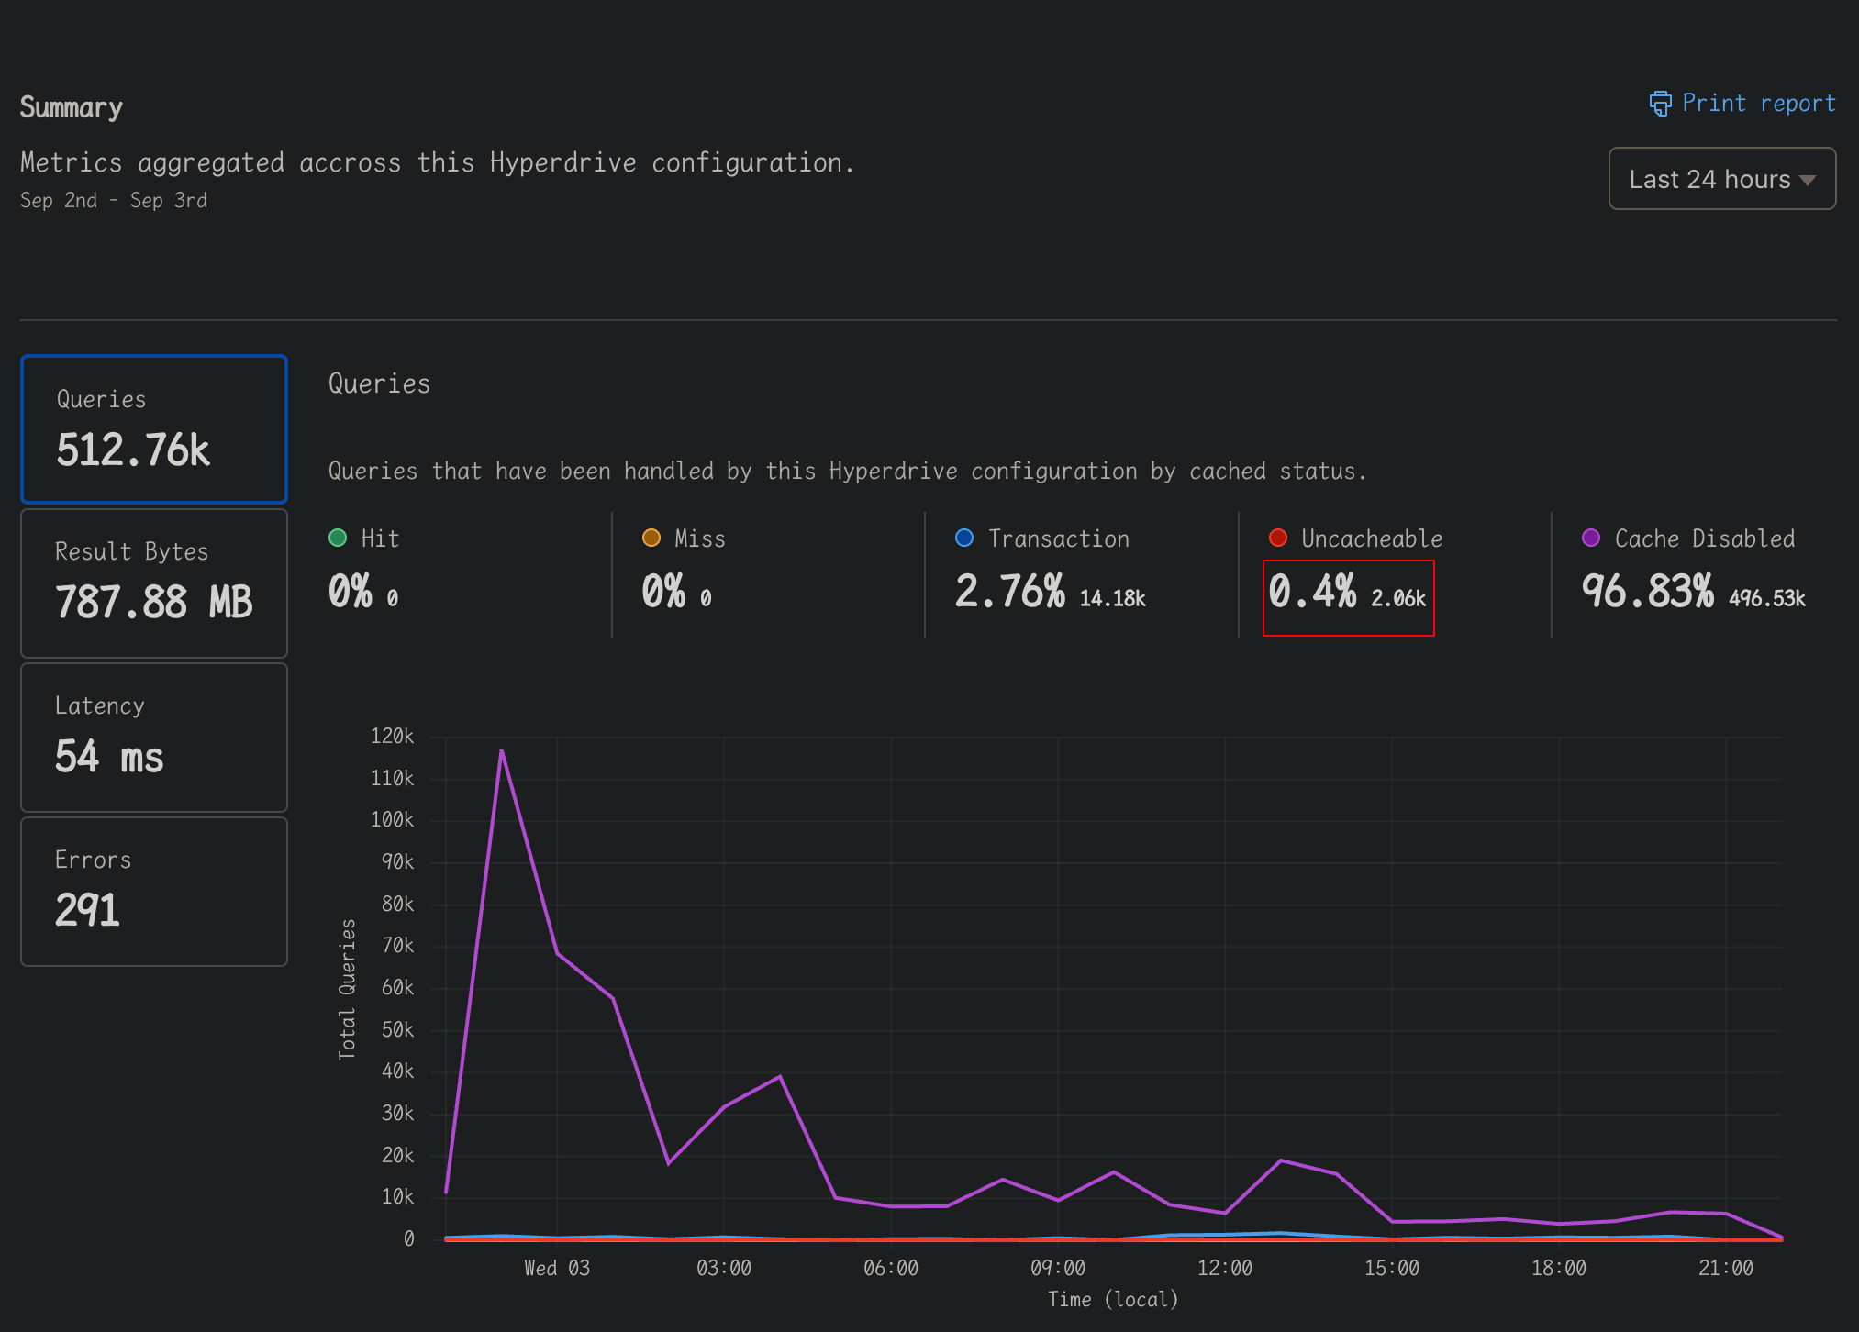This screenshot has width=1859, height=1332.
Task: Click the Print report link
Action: pyautogui.click(x=1742, y=104)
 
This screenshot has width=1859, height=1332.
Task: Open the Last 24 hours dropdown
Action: pyautogui.click(x=1721, y=179)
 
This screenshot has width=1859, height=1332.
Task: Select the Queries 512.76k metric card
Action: pyautogui.click(x=154, y=429)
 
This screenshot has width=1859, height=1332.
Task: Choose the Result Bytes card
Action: pyautogui.click(x=154, y=583)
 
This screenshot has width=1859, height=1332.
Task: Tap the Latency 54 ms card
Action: pyautogui.click(x=154, y=737)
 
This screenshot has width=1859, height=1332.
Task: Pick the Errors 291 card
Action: pyautogui.click(x=154, y=891)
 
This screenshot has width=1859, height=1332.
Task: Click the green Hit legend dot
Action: pyautogui.click(x=338, y=538)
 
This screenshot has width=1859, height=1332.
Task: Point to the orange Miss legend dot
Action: pyautogui.click(x=651, y=538)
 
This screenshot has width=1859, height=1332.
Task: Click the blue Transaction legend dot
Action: pyautogui.click(x=964, y=538)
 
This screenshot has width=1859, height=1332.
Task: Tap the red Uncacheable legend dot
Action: pyautogui.click(x=1277, y=538)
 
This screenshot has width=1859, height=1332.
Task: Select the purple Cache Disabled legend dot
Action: pyautogui.click(x=1591, y=538)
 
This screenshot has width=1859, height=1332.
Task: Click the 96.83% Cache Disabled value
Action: pyautogui.click(x=1647, y=592)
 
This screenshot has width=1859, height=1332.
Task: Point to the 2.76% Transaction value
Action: pyautogui.click(x=1009, y=592)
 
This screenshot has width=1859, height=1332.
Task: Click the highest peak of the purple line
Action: pyautogui.click(x=502, y=751)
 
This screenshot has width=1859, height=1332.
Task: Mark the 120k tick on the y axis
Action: pyautogui.click(x=392, y=737)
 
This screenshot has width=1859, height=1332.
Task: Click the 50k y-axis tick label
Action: pyautogui.click(x=397, y=1030)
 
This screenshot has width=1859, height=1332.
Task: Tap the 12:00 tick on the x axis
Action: pyautogui.click(x=1224, y=1269)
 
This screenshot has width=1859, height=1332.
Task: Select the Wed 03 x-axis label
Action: pyautogui.click(x=557, y=1269)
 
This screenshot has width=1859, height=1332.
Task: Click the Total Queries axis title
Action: pyautogui.click(x=347, y=989)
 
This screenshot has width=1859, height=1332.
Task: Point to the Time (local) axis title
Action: pyautogui.click(x=1113, y=1300)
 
